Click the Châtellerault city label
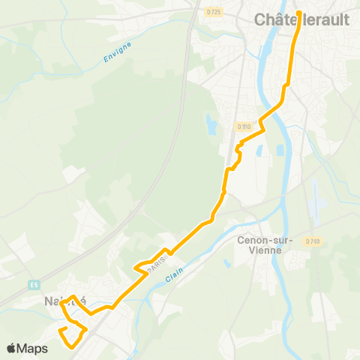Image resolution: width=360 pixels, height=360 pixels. pos(301,19)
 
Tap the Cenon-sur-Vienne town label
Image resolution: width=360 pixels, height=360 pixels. pos(259,245)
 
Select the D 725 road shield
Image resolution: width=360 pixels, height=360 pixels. pos(213,11)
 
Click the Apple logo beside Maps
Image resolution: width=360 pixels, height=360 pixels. pos(12,348)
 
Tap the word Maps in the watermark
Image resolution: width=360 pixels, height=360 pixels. pos(33,349)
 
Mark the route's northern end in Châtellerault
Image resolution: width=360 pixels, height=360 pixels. pos(298,13)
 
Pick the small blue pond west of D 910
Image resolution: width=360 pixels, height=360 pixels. pos(210,122)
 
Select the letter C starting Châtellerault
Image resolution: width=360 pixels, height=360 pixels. pos(260,20)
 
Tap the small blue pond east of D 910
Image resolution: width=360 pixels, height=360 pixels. pos(259,151)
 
